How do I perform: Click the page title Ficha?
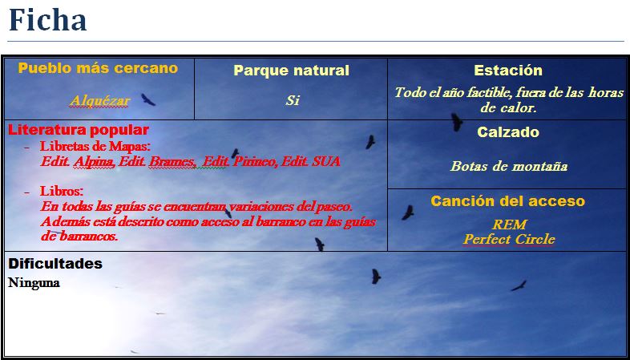[x=48, y=20]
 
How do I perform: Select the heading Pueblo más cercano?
[x=98, y=68]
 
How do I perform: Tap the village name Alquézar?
[x=99, y=101]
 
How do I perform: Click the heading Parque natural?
[x=291, y=71]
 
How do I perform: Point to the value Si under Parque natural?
[x=293, y=100]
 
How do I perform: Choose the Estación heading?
[x=508, y=71]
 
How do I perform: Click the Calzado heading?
[x=508, y=132]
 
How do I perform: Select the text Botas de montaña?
[x=509, y=166]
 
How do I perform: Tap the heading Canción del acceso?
[x=508, y=201]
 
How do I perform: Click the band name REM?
[x=509, y=224]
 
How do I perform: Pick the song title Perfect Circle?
[x=509, y=240]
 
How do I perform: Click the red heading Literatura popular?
[x=79, y=130]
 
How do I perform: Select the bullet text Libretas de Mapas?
[x=95, y=146]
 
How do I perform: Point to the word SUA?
[x=326, y=161]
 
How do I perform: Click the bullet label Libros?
[x=62, y=191]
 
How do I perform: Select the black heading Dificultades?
[x=55, y=264]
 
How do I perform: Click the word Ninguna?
[x=34, y=283]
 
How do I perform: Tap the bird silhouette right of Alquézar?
[x=147, y=99]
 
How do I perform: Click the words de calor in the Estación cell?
[x=508, y=108]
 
